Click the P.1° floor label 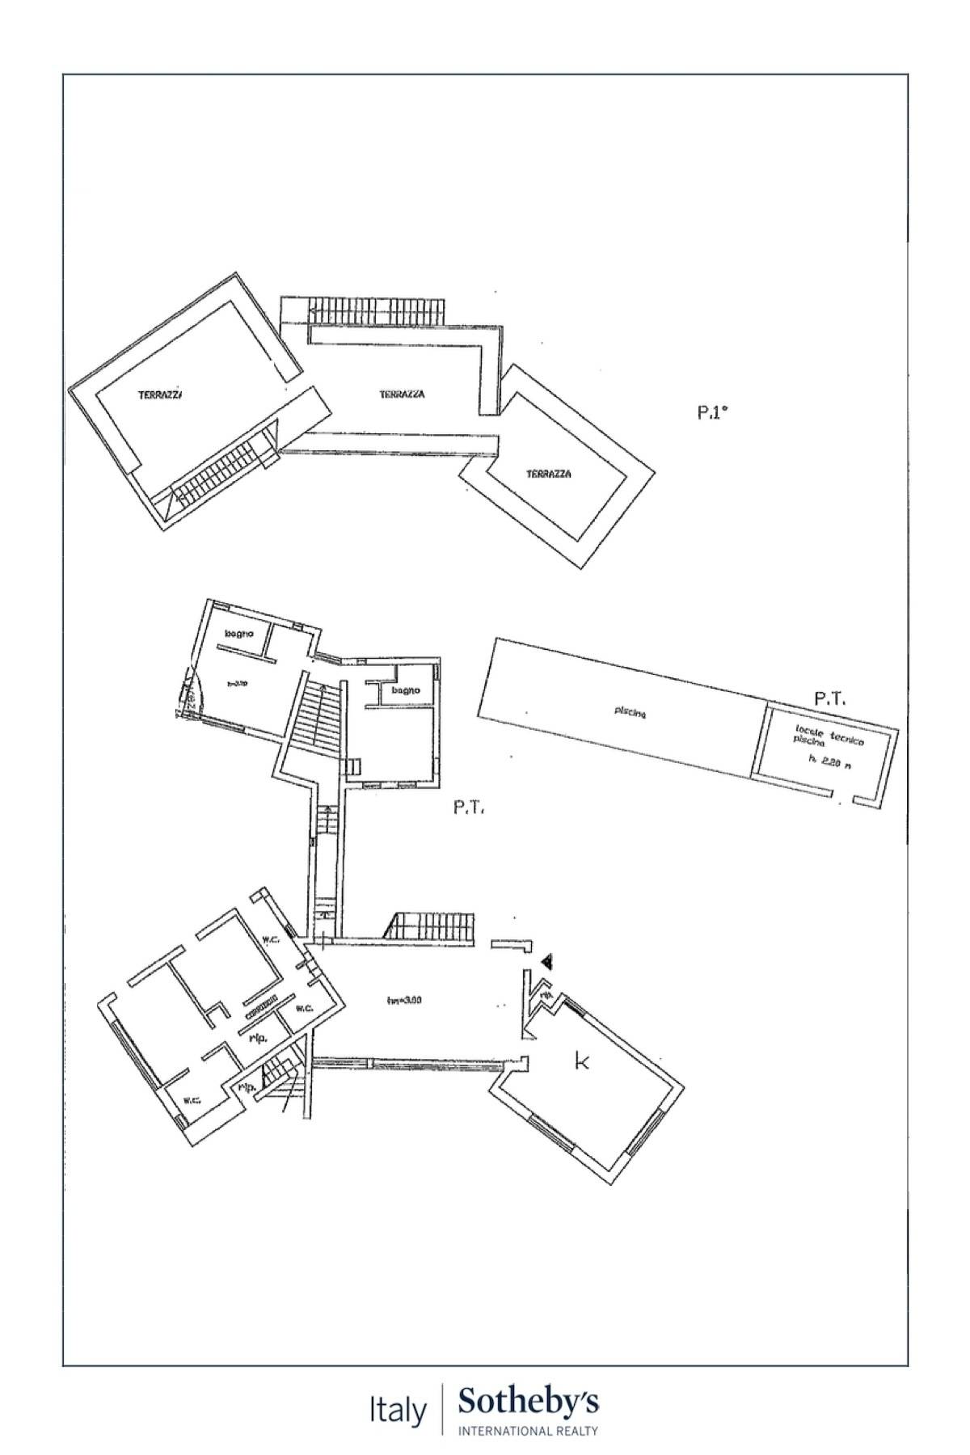pos(713,412)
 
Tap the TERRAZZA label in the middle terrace pos(402,394)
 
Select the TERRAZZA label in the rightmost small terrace pos(548,474)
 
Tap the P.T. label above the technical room pos(829,699)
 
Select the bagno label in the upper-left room pos(239,634)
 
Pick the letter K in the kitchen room pos(580,1062)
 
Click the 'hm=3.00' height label pos(404,1000)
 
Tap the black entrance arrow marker pos(547,961)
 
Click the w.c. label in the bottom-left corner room pos(191,1099)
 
